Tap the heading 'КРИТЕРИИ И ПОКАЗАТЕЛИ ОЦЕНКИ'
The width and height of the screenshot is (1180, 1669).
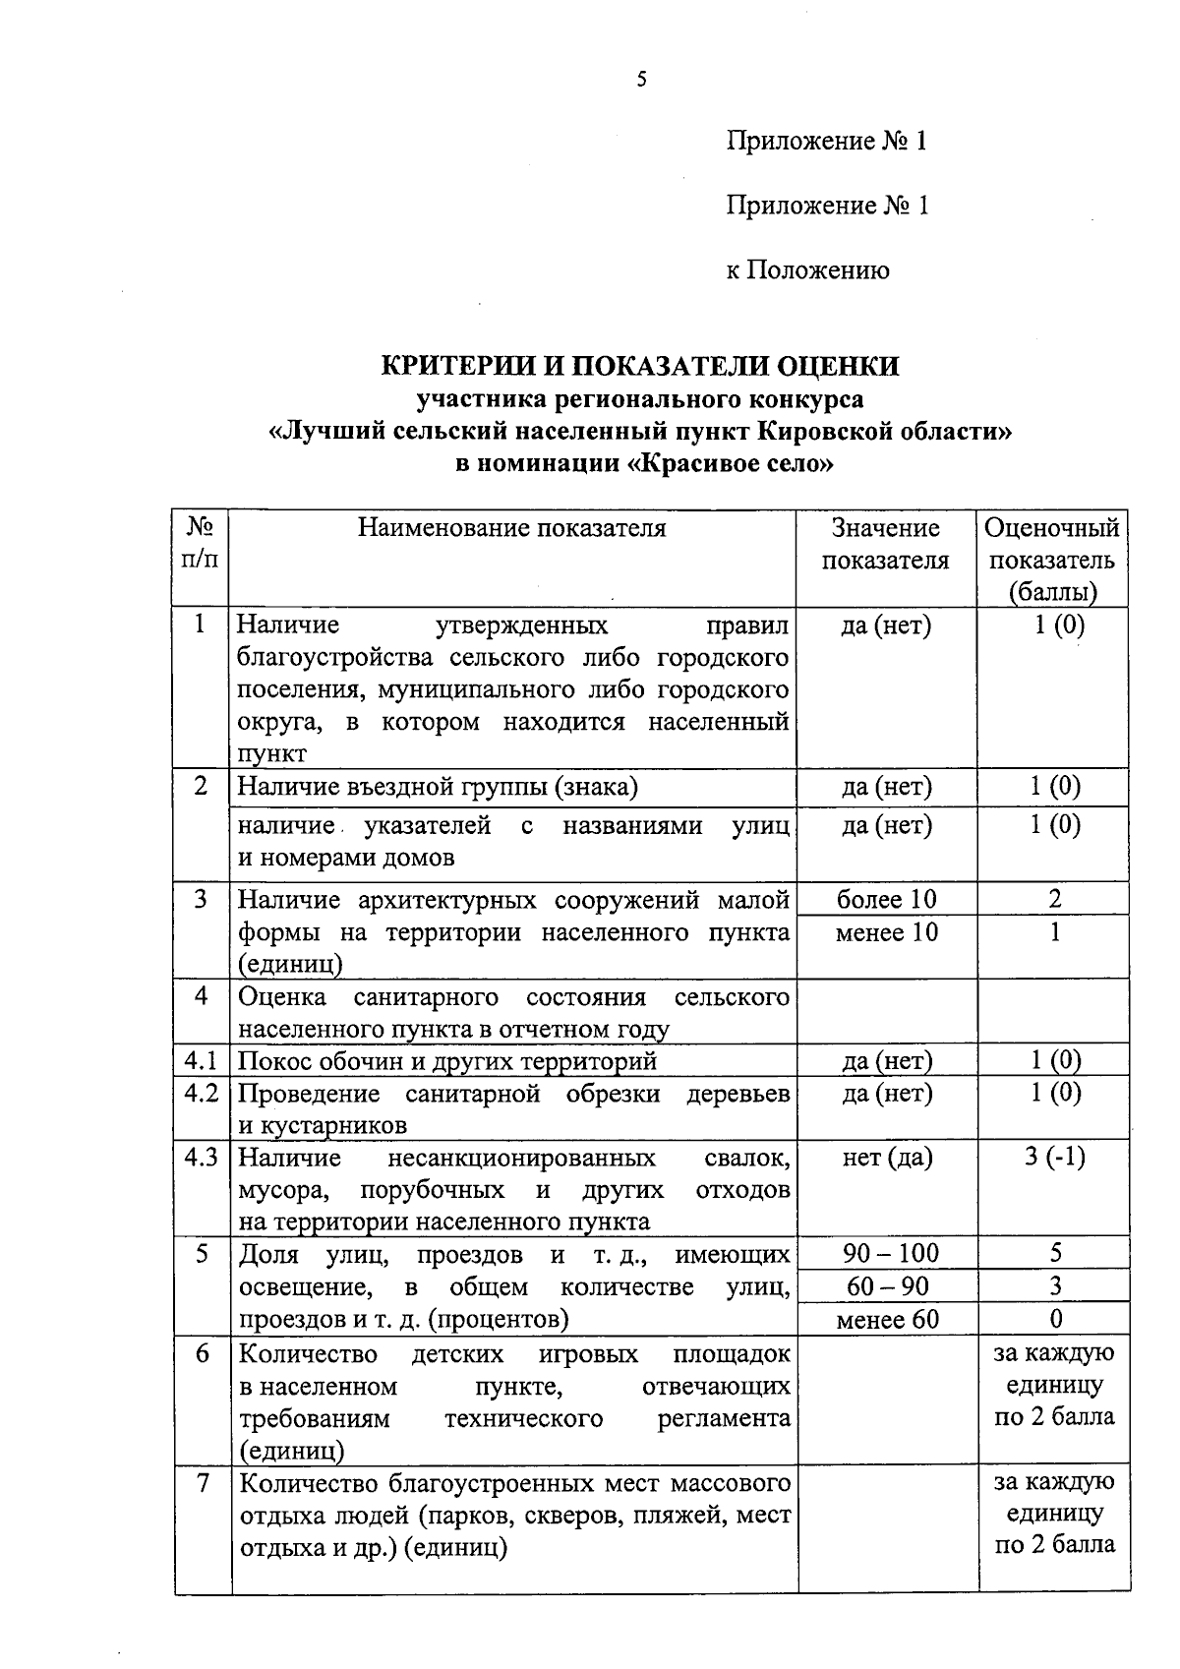[x=640, y=366]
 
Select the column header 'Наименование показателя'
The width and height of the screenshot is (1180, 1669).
[x=511, y=529]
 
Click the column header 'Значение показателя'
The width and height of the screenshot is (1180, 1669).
[x=885, y=544]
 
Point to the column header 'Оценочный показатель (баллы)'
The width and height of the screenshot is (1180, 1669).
[x=1052, y=560]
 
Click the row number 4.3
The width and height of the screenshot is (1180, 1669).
[x=201, y=1158]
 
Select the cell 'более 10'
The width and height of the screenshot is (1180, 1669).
[x=886, y=899]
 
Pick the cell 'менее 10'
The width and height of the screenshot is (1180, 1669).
[x=886, y=931]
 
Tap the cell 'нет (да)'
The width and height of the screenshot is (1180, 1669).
[x=886, y=1158]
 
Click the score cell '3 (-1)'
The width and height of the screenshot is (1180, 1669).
[x=1054, y=1158]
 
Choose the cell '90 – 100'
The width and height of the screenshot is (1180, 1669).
[x=891, y=1253]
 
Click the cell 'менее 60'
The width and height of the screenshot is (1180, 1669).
[x=887, y=1319]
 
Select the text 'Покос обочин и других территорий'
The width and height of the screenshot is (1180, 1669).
[x=447, y=1061]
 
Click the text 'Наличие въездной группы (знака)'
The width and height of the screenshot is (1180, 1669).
[x=438, y=787]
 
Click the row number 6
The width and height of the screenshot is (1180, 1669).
[x=202, y=1354]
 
